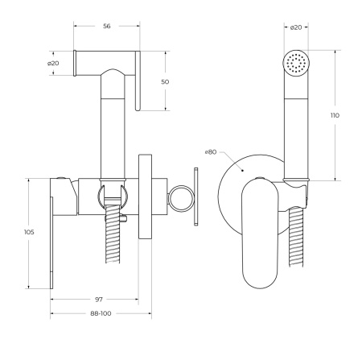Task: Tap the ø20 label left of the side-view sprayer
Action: (x=53, y=64)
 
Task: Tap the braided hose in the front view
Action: (x=298, y=246)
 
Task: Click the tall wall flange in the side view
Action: (x=147, y=197)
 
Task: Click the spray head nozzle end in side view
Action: (x=78, y=64)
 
